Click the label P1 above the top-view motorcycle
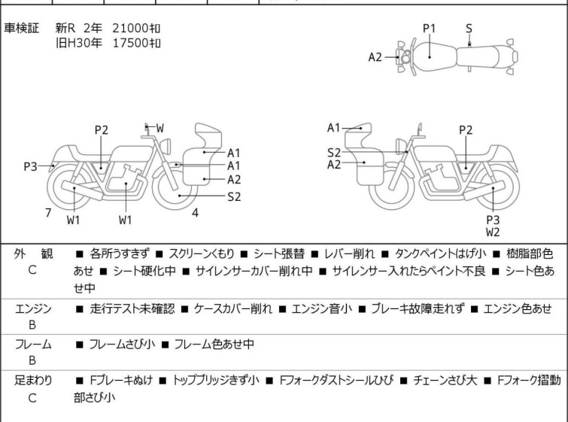point(429,29)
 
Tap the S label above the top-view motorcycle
point(469,29)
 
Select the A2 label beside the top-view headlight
point(375,56)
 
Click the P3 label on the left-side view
point(30,166)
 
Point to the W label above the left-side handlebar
point(160,129)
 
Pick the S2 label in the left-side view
point(234,197)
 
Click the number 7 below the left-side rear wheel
point(48,212)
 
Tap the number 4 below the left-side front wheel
point(195,212)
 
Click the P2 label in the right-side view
point(466,130)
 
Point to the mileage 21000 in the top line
point(132,28)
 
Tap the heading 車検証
point(23,28)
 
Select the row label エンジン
point(33,309)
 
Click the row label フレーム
point(33,345)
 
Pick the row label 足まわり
point(33,381)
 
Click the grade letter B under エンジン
point(32,325)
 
